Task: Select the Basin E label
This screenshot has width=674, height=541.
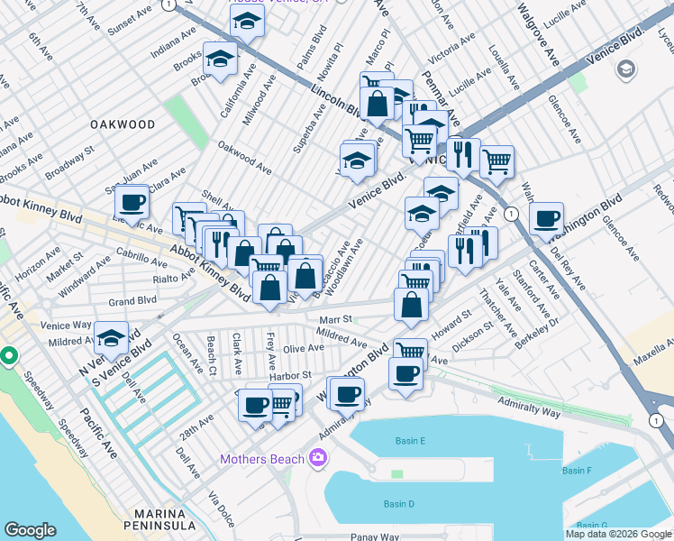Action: (x=410, y=441)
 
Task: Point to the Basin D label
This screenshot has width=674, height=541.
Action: (x=398, y=503)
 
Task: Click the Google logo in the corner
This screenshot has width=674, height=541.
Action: (x=30, y=530)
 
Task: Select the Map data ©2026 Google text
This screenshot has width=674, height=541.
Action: (x=618, y=534)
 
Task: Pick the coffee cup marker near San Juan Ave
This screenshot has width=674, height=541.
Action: (x=132, y=203)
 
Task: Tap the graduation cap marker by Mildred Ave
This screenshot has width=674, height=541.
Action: (x=111, y=339)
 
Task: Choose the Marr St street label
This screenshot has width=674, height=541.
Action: (x=334, y=319)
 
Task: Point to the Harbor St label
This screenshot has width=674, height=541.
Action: (x=294, y=374)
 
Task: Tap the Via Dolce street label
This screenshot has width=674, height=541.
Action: (x=220, y=509)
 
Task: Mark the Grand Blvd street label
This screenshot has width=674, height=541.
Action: (x=132, y=300)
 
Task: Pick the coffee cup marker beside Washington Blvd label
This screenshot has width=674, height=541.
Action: (x=546, y=219)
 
